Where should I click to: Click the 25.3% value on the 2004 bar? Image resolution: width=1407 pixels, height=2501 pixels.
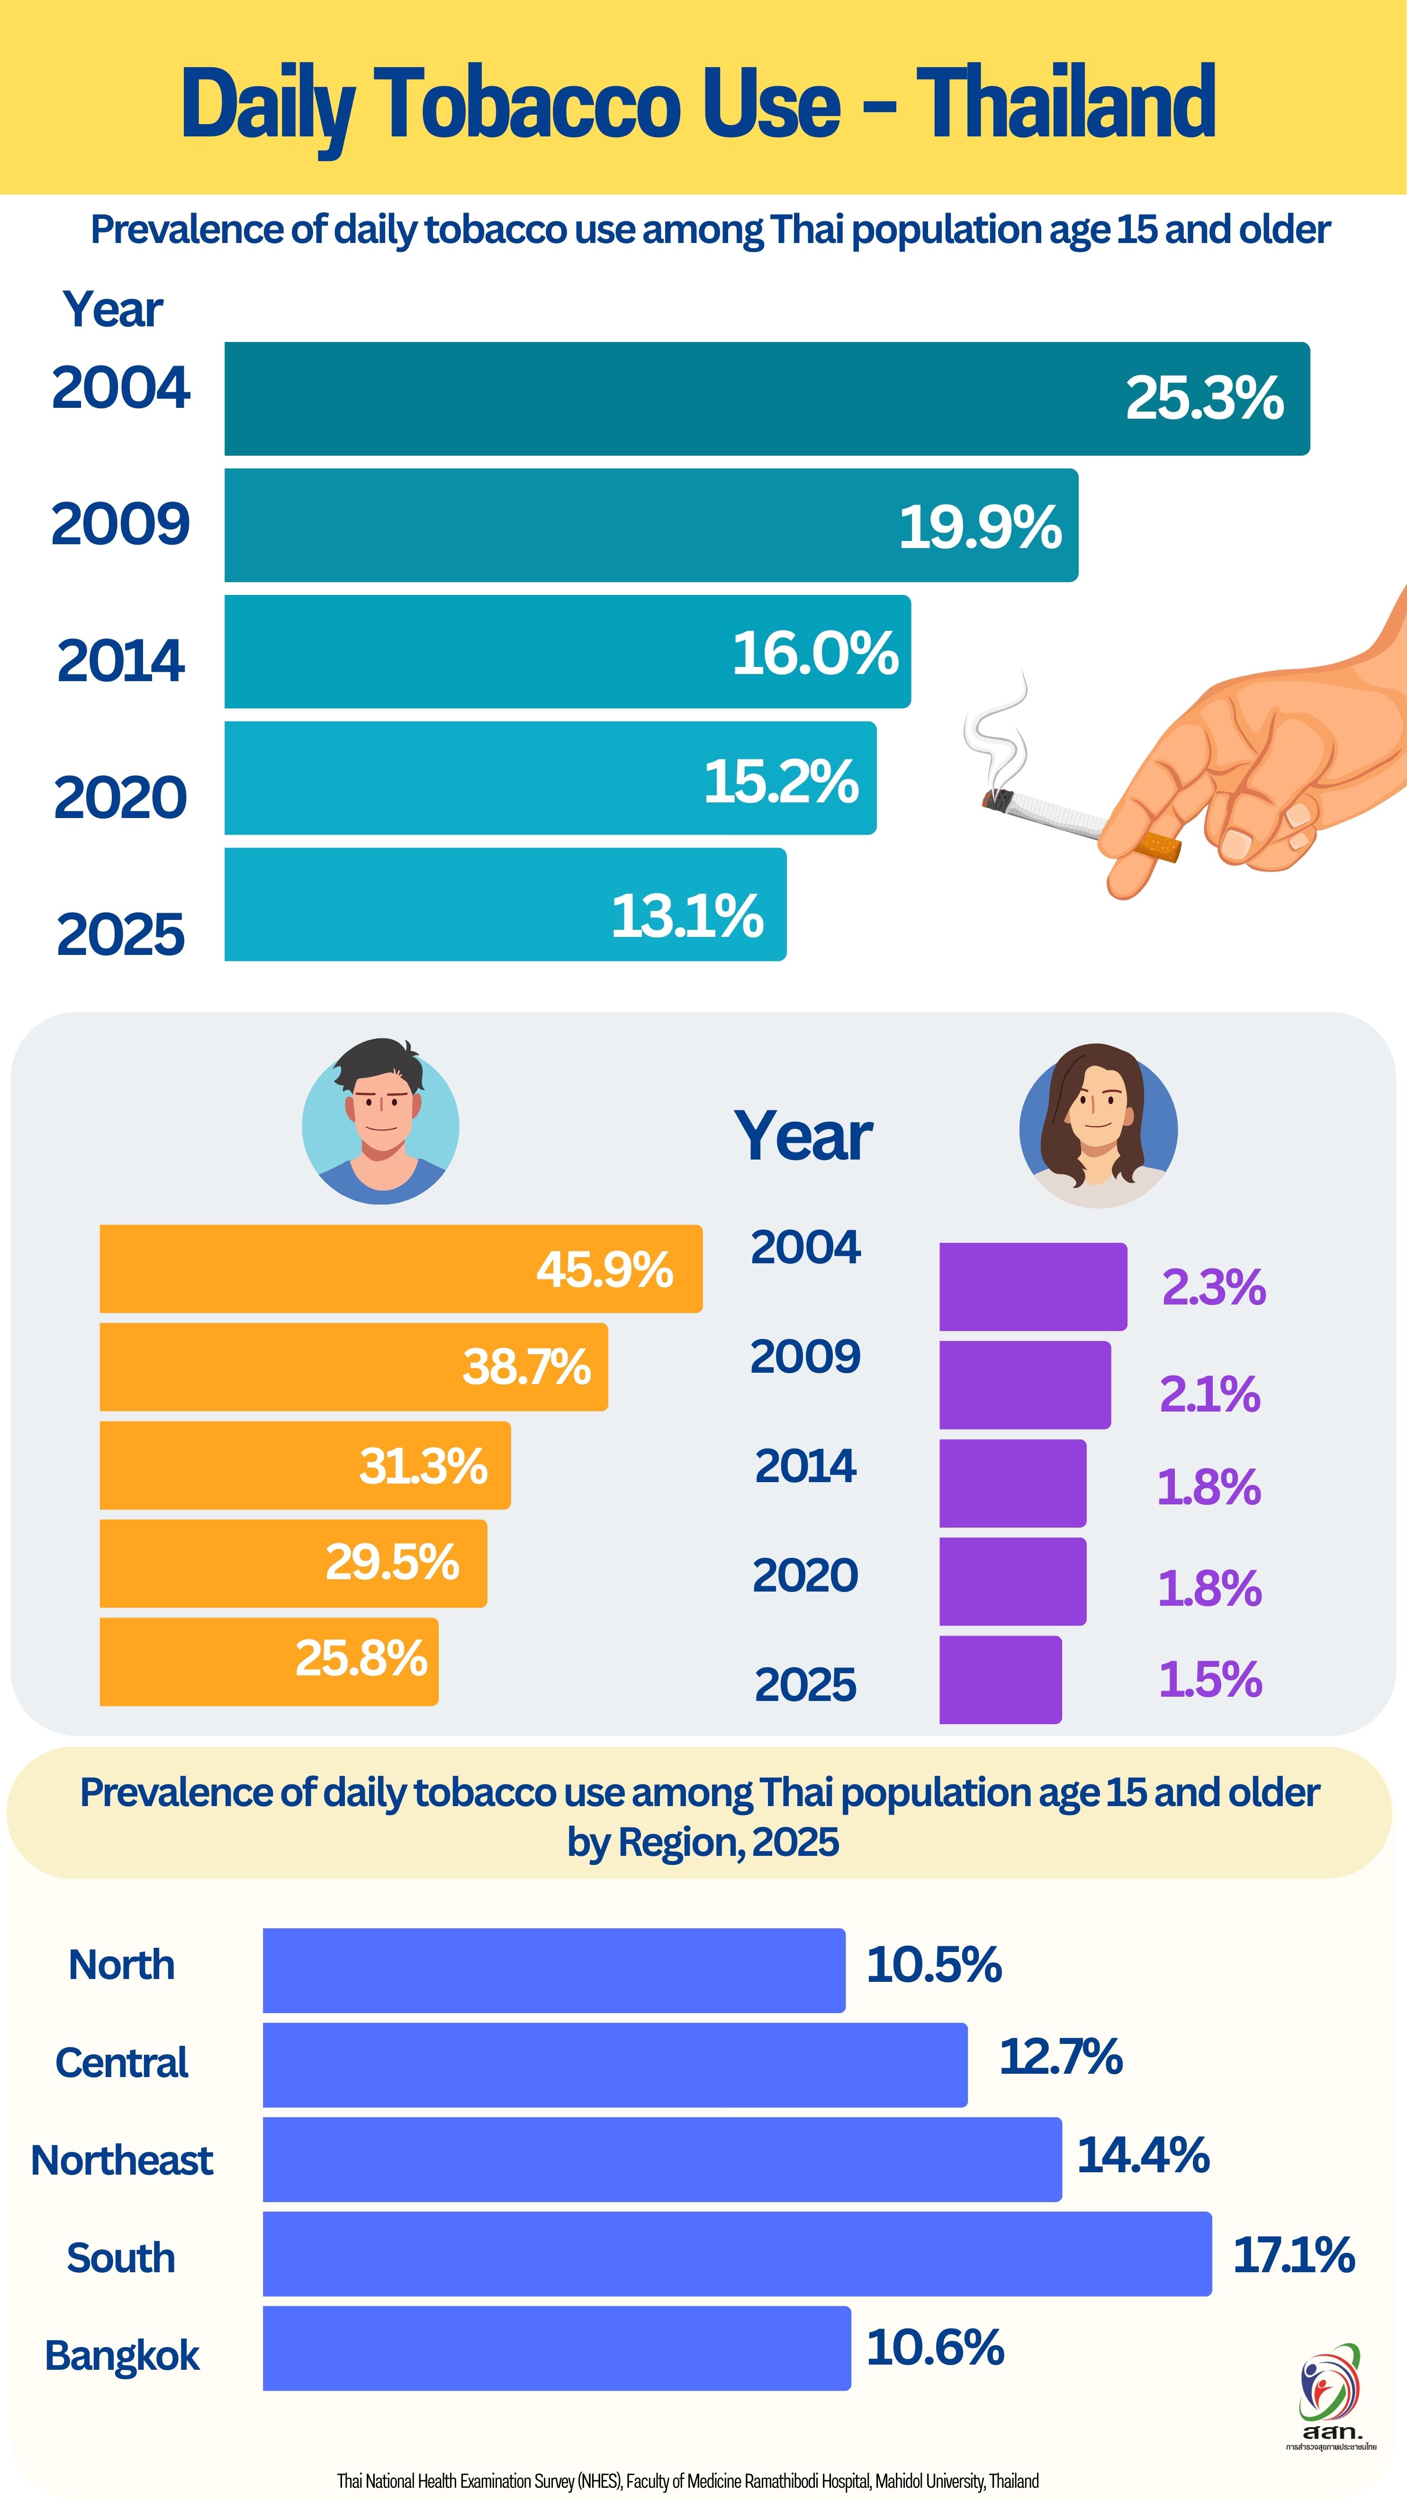pyautogui.click(x=1204, y=398)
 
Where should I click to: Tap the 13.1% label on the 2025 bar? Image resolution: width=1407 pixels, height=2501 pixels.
pyautogui.click(x=686, y=916)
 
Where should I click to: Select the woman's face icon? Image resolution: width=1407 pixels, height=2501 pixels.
pyautogui.click(x=1098, y=1126)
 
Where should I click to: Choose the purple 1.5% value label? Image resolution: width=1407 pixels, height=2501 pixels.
pyautogui.click(x=1210, y=1680)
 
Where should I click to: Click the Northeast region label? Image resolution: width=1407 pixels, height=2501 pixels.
pyautogui.click(x=122, y=2160)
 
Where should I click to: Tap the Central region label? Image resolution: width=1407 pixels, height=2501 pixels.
pyautogui.click(x=122, y=2062)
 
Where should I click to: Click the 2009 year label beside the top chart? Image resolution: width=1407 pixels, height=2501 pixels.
pyautogui.click(x=120, y=524)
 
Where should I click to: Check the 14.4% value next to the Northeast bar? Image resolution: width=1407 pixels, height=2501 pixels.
pyautogui.click(x=1143, y=2155)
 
